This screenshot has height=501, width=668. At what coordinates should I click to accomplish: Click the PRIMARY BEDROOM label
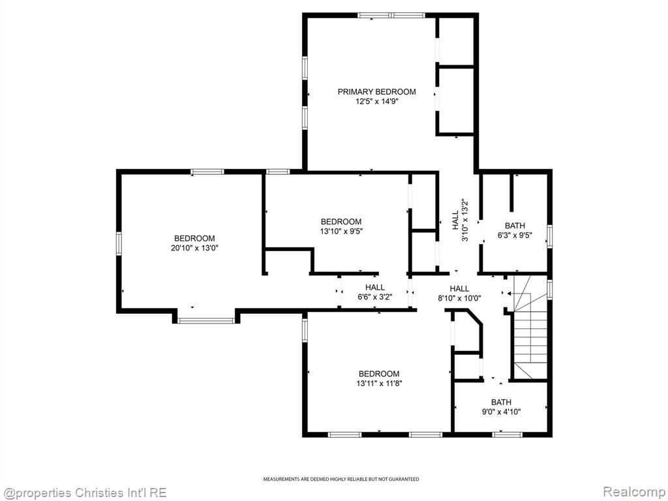376,91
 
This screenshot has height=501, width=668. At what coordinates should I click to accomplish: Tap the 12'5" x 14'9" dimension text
376,101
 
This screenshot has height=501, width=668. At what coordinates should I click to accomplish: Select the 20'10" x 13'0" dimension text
194,248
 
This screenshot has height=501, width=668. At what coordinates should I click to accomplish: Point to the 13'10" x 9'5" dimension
341,232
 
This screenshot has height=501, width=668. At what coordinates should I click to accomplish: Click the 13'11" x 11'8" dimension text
379,384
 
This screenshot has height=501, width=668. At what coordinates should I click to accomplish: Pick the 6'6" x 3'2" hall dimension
375,297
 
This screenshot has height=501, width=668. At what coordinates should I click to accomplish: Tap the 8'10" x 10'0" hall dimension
459,298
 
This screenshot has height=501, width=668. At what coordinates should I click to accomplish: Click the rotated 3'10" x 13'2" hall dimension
464,220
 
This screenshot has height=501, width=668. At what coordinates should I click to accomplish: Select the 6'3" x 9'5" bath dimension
515,235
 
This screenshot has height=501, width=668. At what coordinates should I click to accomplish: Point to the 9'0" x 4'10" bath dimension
501,412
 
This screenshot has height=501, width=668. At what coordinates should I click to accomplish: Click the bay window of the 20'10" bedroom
205,320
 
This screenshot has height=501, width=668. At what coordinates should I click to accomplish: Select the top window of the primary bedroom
391,16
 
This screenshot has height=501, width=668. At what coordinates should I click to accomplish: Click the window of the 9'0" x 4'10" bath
507,434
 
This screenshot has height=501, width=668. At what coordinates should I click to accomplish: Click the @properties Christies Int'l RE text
83,493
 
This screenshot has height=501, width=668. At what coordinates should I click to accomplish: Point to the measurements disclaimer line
341,479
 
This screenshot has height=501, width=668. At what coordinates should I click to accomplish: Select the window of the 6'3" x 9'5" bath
549,236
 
